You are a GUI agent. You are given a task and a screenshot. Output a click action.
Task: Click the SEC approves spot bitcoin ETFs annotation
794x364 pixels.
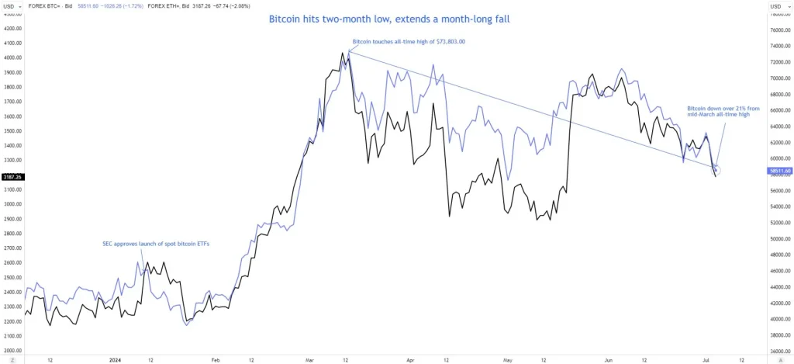click(156, 244)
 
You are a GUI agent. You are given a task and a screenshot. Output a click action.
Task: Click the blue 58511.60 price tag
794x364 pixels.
click(779, 170)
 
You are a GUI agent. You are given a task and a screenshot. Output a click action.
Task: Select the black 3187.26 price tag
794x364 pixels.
click(12, 177)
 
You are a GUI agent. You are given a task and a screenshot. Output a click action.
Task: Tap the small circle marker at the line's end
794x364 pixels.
click(716, 169)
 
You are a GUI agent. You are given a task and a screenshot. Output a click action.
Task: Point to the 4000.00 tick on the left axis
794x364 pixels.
click(12, 57)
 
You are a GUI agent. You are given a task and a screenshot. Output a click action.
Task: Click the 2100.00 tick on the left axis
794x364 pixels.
click(12, 336)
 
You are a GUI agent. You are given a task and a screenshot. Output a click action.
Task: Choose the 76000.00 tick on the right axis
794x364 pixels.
click(779, 30)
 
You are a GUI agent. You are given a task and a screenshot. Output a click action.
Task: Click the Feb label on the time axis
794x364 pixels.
click(215, 360)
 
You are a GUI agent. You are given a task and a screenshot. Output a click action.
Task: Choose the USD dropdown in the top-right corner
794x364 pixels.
click(778, 7)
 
